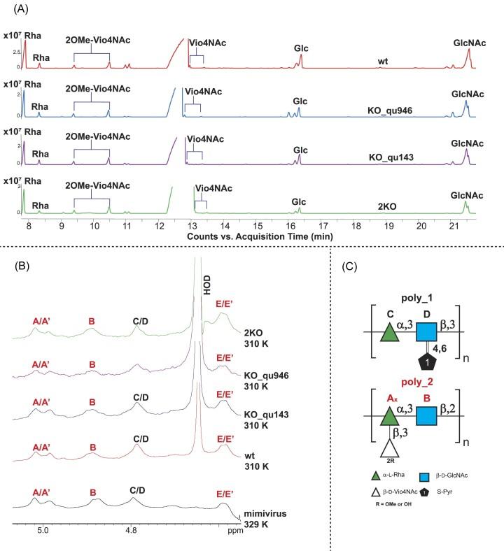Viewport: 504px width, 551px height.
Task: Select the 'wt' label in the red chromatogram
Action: pos(383,62)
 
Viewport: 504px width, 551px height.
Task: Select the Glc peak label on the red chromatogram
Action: pos(301,48)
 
